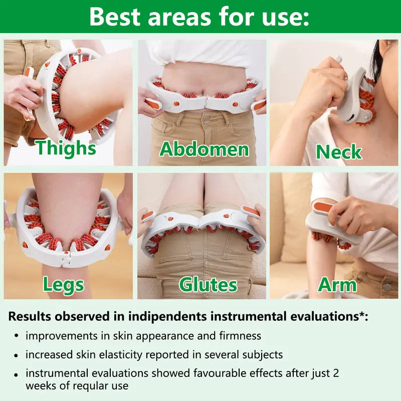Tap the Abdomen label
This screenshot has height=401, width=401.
pos(204,149)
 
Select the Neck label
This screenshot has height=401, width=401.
pos(338,151)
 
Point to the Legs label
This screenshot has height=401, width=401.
pos(63,284)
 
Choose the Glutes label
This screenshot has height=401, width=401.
pos(208,284)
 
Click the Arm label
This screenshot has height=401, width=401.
pos(337,284)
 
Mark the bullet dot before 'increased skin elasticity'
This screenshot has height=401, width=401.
pos(17,355)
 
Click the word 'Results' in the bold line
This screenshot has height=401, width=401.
pos(30,316)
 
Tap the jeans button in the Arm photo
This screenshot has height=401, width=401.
pos(386,288)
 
